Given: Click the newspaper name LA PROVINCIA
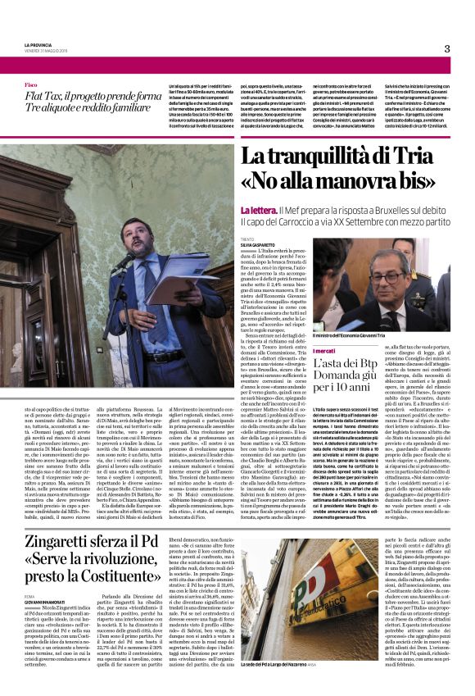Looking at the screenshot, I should click(x=35, y=45).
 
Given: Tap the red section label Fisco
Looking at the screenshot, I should click(x=30, y=85).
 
